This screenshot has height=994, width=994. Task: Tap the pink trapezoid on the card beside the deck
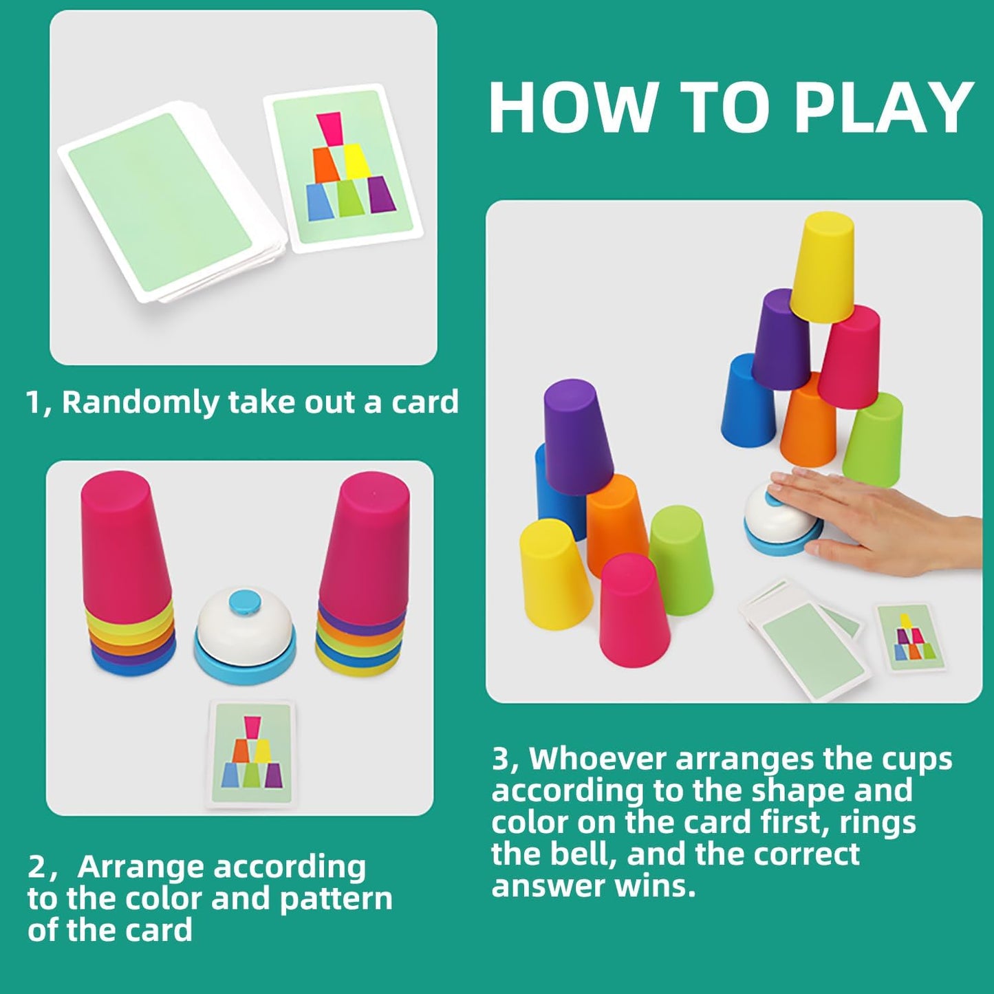click(x=329, y=128)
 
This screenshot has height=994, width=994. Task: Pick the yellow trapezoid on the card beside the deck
click(x=356, y=161)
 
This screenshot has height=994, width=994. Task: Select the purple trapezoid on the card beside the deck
click(x=380, y=194)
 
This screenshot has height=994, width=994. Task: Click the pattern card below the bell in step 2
click(x=252, y=754)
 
